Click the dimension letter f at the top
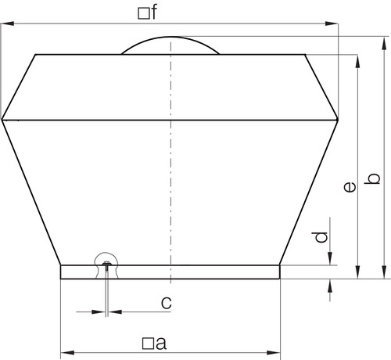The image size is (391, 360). point(153,12)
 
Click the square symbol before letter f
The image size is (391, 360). point(143,13)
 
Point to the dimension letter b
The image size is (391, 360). point(372,178)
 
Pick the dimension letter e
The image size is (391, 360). point(350,187)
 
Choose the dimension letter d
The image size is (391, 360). point(320,237)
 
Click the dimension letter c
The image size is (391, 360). point(167,303)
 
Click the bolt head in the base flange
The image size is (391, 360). point(106,264)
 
